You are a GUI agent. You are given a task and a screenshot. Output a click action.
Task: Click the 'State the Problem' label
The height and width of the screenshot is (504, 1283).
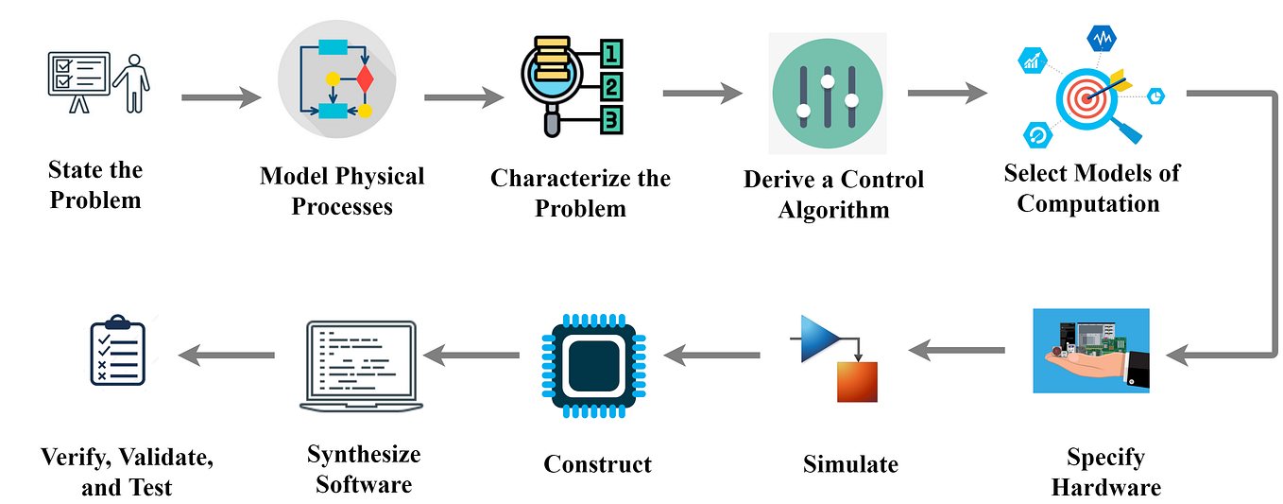click(95, 185)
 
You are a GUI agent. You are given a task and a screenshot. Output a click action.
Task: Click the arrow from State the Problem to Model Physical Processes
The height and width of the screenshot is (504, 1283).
click(221, 96)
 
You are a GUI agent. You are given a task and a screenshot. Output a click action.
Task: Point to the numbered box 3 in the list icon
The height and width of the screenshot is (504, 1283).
click(612, 120)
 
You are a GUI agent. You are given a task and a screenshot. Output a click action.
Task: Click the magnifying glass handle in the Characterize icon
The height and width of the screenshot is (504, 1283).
click(548, 127)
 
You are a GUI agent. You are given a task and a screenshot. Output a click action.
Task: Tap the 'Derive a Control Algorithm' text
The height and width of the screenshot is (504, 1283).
click(833, 194)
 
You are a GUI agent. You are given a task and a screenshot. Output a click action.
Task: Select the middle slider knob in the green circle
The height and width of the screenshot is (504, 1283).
click(828, 82)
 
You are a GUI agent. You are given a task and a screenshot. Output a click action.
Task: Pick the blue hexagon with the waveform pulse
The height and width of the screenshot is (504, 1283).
click(1102, 39)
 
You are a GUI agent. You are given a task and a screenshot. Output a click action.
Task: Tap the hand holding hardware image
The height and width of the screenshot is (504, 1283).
click(1091, 350)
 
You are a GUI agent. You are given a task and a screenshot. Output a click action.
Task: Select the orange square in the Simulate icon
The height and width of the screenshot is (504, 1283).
click(857, 382)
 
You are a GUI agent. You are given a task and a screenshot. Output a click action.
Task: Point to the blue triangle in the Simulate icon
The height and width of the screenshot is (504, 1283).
click(819, 338)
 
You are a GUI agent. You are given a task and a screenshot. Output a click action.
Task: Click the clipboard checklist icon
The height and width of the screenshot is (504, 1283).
click(117, 353)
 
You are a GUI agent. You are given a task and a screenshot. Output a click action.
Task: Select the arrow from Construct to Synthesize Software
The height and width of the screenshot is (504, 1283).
click(471, 355)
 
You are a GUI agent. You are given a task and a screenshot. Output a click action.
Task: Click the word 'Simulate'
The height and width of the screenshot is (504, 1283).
click(850, 464)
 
